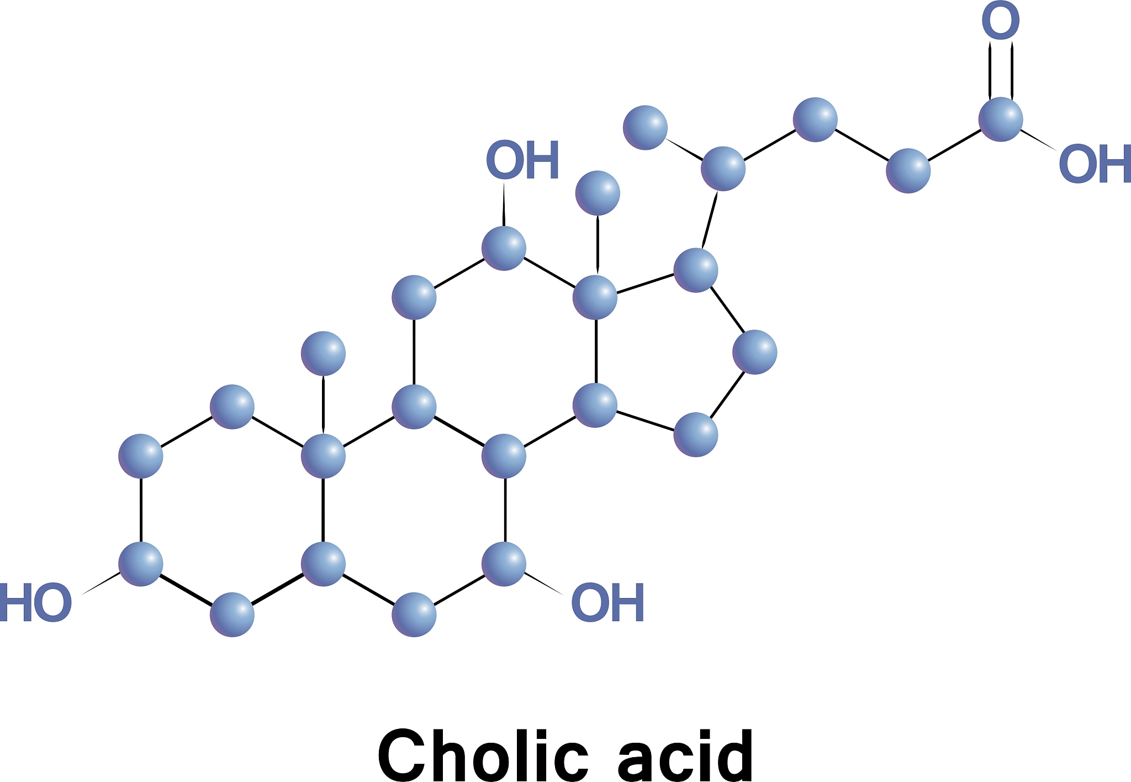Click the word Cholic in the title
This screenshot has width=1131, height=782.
(483, 754)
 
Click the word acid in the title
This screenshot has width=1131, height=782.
(685, 754)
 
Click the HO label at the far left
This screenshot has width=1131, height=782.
(36, 602)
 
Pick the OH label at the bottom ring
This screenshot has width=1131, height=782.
(607, 602)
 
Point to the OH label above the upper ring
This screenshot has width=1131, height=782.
(522, 160)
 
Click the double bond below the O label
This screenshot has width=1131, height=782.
(1001, 72)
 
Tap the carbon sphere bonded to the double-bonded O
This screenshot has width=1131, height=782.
(1001, 119)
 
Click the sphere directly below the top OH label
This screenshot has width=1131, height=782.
(504, 248)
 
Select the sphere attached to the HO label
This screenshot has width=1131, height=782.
(141, 564)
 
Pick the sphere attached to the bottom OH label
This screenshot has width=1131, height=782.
(504, 564)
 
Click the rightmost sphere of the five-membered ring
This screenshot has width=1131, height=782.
(755, 352)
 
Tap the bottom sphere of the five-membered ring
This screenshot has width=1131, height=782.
(696, 434)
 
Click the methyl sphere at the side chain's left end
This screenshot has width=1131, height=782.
(645, 128)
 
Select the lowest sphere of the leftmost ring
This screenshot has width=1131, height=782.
(232, 615)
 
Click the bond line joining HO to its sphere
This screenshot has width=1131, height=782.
(101, 584)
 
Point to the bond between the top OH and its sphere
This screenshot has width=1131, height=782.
(504, 204)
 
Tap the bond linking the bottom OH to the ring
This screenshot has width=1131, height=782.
(543, 584)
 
